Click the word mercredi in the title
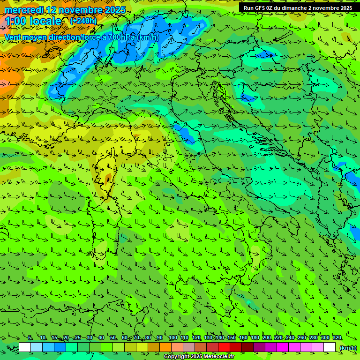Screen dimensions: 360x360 [24, 10]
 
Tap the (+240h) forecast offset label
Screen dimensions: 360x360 [83, 21]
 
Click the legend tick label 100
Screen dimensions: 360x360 [173, 338]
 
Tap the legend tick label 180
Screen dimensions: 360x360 [255, 338]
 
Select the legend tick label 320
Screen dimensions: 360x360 [337, 338]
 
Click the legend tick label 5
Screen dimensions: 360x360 [30, 338]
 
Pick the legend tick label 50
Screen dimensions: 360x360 [113, 338]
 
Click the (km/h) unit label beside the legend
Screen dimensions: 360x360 [348, 348]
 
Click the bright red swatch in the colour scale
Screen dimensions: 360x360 [224, 347]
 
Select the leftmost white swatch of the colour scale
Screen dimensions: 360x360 [25, 347]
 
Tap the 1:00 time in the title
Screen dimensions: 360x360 [15, 21]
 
